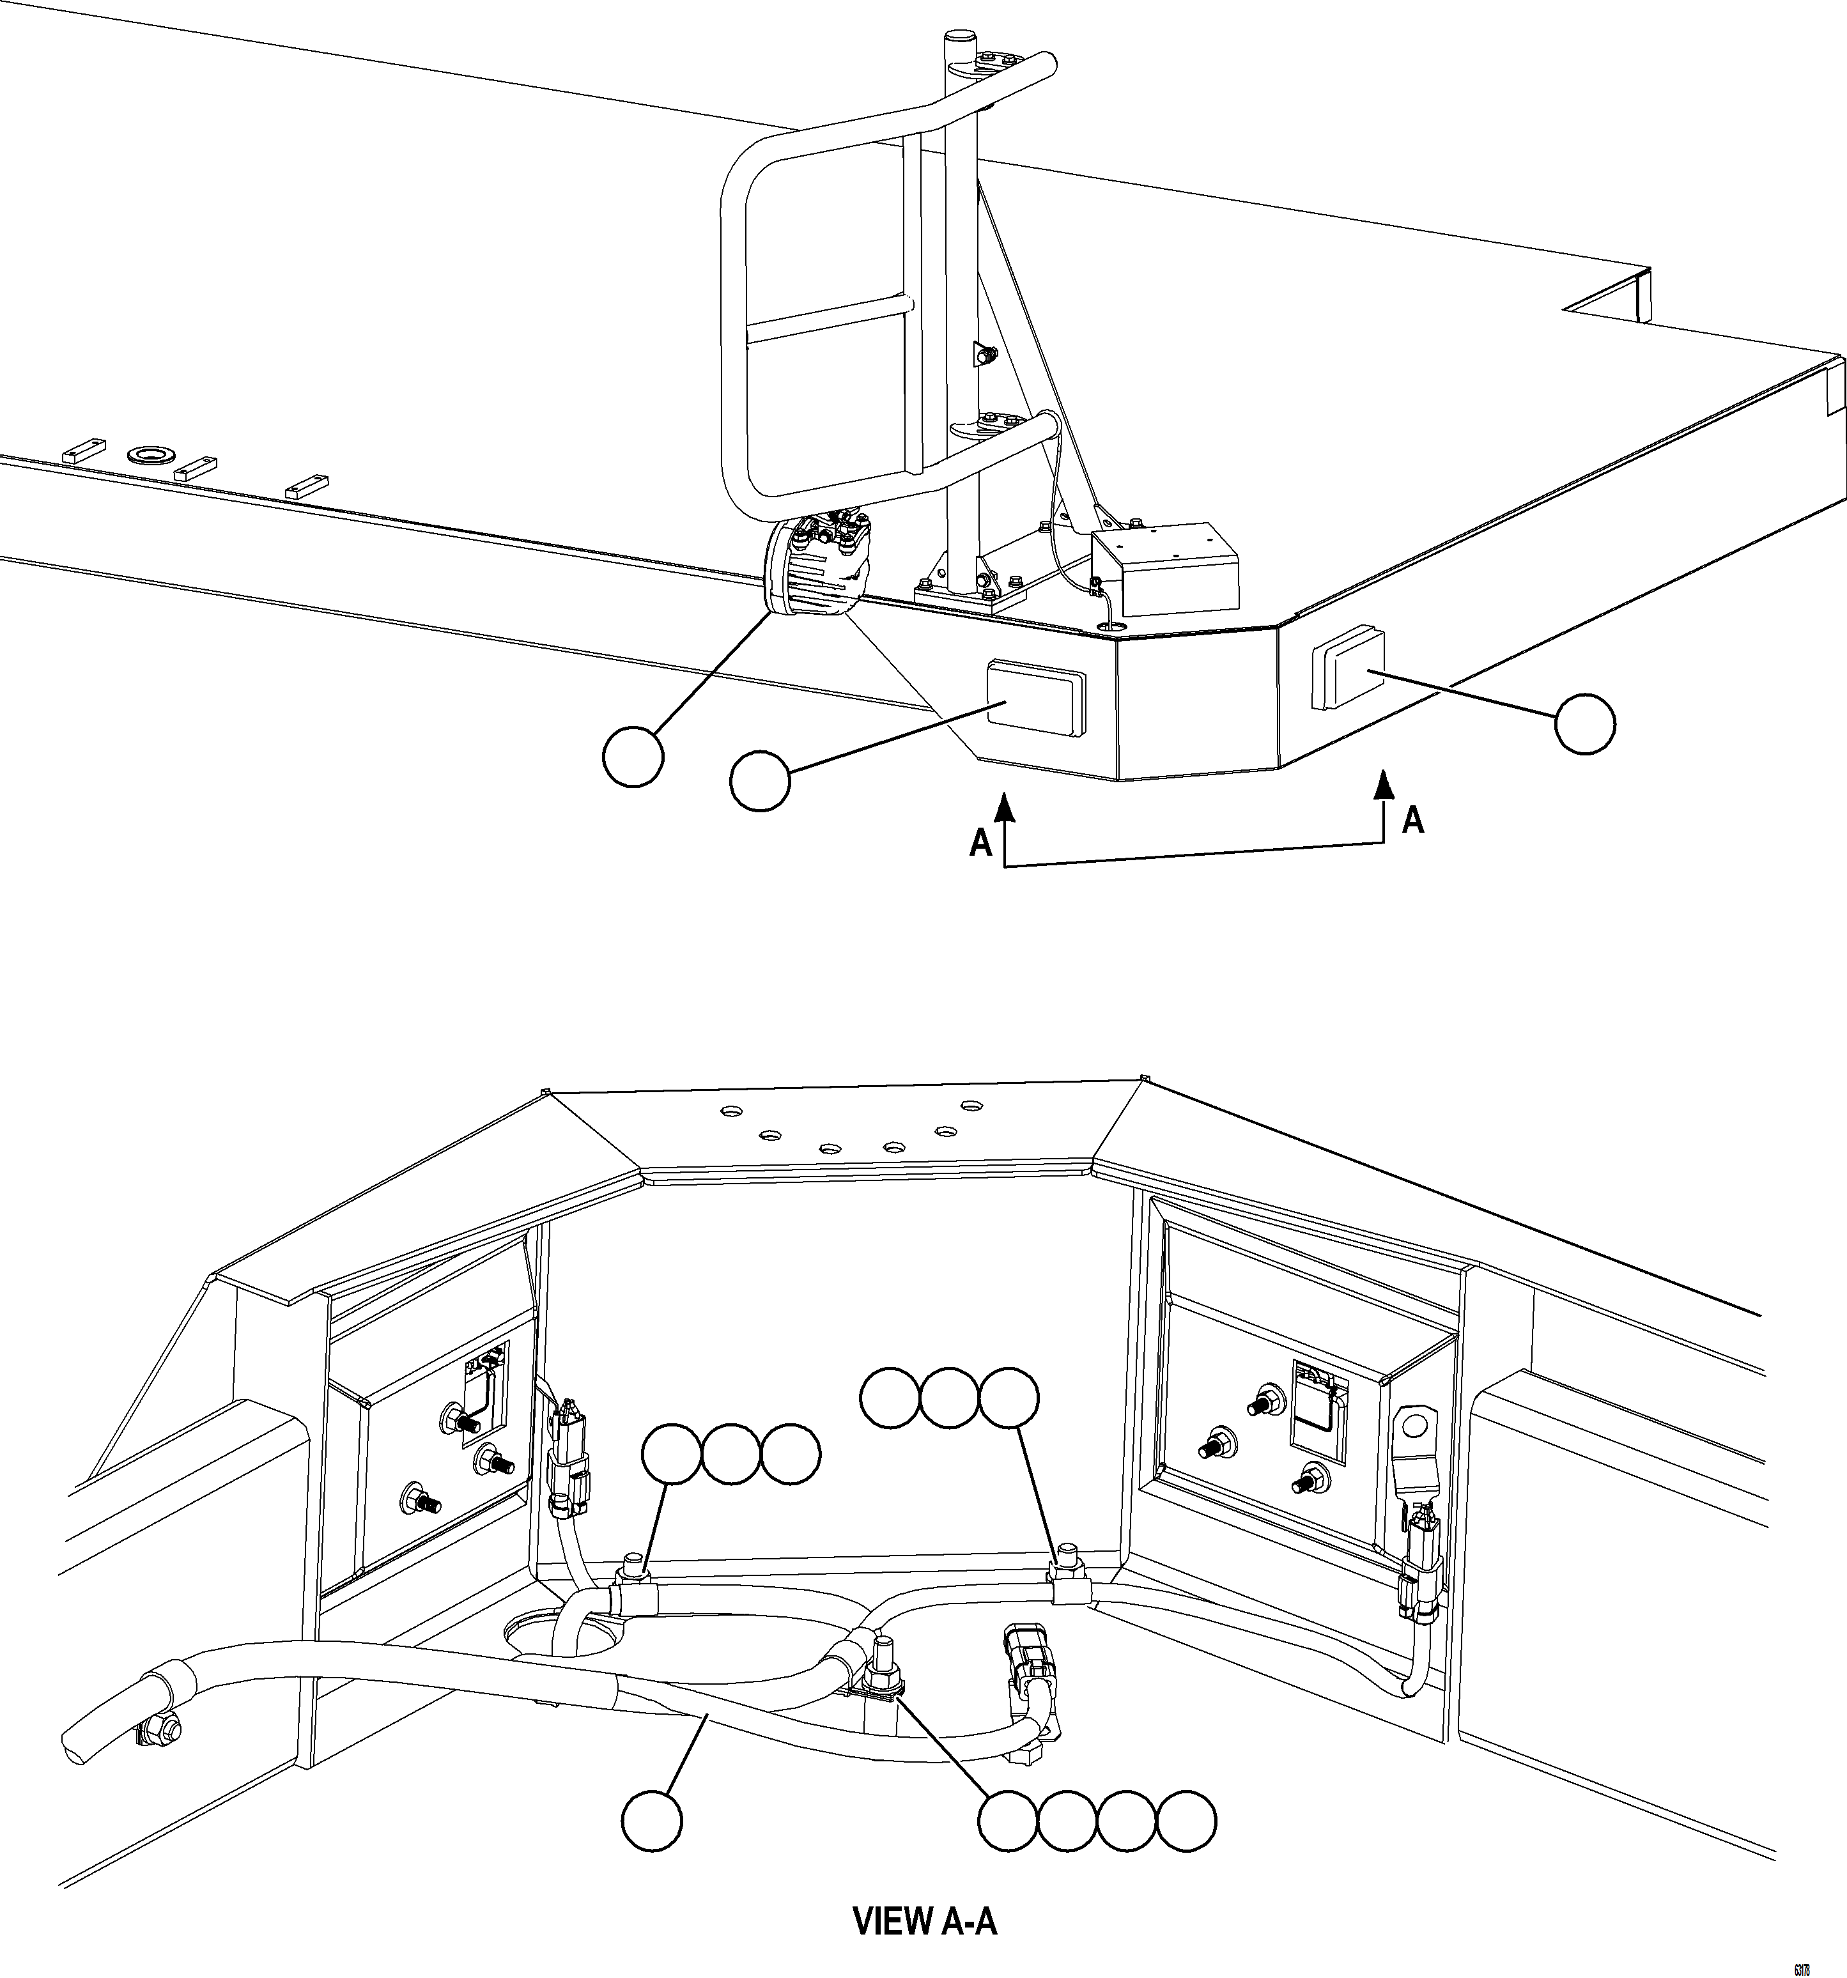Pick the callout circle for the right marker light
click(1585, 725)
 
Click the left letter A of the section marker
click(981, 844)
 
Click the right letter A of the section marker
click(1412, 820)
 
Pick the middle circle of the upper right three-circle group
click(949, 1398)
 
